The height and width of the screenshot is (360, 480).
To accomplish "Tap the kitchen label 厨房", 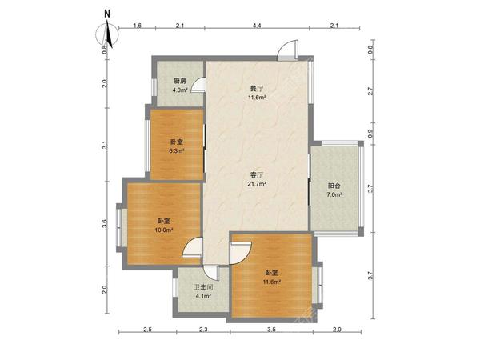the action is coord(180,81).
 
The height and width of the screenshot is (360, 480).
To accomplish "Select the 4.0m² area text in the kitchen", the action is coord(180,90).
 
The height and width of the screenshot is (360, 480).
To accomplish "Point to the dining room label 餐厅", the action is coord(257,89).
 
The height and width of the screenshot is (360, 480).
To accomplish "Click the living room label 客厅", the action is coord(257,175).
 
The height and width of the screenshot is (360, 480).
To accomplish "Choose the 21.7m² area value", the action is coord(257,184).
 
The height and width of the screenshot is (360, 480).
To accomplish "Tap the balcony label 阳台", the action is coord(334,186).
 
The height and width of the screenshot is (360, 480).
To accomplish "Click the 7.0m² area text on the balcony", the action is coord(334,194).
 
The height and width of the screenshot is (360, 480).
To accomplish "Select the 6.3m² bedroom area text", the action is coord(177,151).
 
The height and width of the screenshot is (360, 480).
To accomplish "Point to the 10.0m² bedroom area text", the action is coord(164,230).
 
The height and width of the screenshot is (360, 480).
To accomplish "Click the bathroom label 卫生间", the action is coord(203,287).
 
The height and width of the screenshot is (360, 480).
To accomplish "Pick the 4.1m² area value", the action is coord(203,296).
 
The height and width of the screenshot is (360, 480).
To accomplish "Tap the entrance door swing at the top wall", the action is coord(287,50).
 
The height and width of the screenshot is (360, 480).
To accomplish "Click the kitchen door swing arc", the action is coord(198,85).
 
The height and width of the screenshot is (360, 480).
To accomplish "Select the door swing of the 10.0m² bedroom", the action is coord(192,248).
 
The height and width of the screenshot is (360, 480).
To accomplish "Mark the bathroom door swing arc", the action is coord(211,273).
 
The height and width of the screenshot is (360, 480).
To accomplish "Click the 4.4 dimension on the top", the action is coord(257,26).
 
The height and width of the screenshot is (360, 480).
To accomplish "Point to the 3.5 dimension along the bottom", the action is coord(271,330).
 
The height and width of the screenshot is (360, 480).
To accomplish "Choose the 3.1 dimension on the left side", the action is coord(105,145).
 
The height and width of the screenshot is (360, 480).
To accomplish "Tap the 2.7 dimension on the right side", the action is coord(370,91).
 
